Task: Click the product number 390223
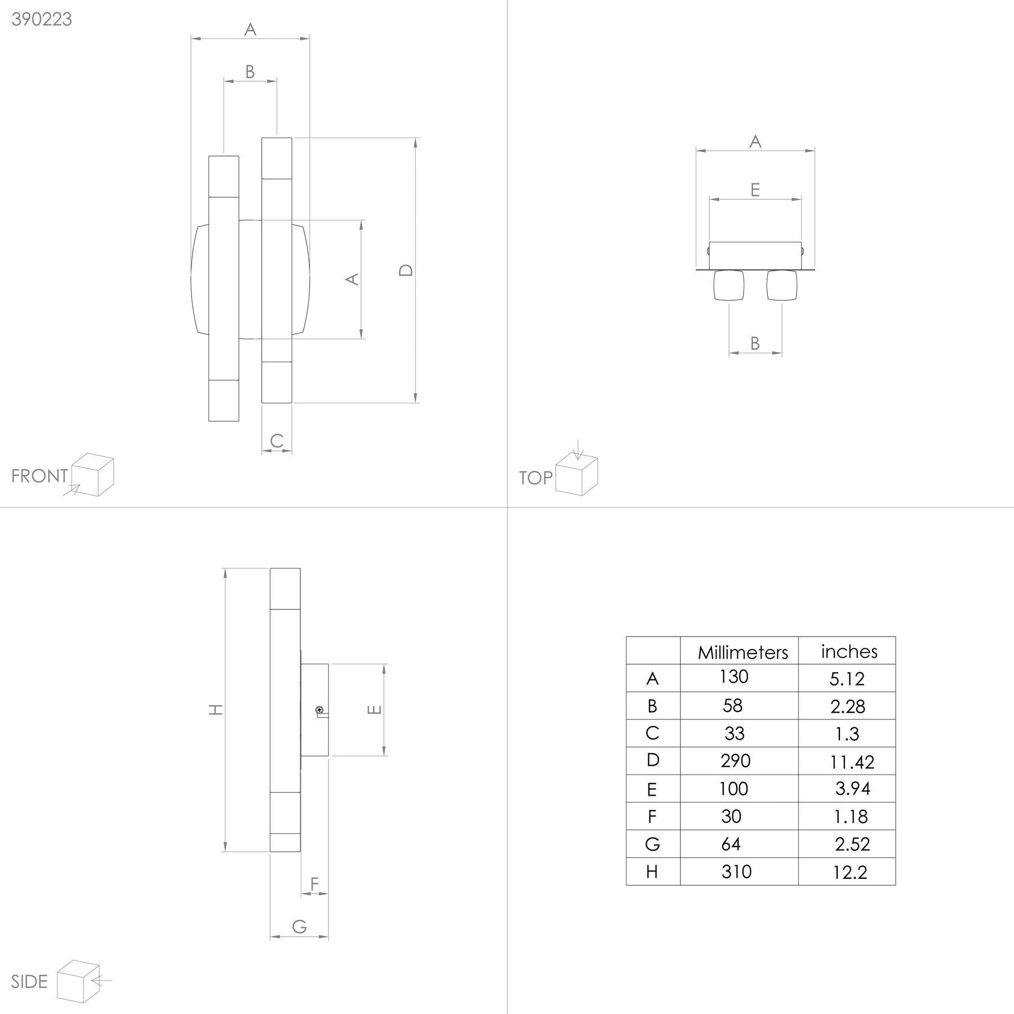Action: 42,19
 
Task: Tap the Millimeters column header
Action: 742,652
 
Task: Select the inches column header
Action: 849,651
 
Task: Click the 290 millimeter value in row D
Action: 735,761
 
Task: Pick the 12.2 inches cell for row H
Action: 850,873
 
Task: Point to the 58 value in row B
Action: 732,706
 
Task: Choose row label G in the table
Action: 652,844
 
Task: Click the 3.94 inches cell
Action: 852,789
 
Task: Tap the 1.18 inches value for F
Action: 851,817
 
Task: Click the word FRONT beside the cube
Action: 39,476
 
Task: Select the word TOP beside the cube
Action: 536,478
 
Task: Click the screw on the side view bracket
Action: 319,710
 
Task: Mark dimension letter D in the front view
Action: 406,270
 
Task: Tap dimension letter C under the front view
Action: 277,441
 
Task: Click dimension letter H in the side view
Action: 216,710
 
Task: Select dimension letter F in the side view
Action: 315,884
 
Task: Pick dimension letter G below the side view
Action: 300,926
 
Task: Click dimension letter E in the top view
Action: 755,190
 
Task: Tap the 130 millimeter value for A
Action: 733,677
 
